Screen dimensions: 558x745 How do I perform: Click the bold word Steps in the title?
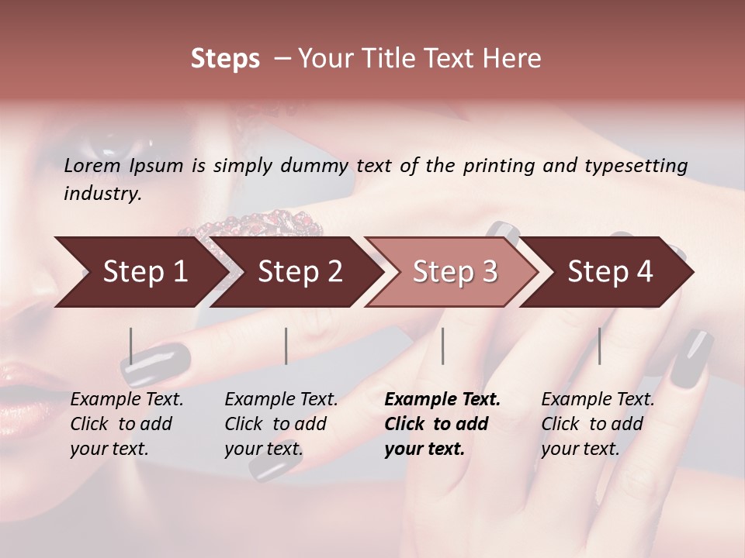[225, 59]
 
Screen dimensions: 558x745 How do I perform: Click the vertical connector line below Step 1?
[131, 346]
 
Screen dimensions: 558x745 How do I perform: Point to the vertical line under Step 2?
[286, 346]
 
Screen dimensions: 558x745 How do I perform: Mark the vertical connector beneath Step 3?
[443, 346]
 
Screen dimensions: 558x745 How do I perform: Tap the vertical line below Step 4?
[599, 346]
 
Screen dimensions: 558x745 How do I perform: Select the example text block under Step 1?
[126, 424]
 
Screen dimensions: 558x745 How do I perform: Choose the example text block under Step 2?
[281, 424]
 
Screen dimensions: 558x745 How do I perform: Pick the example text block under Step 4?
[598, 424]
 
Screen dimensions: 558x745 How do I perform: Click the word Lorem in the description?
[92, 166]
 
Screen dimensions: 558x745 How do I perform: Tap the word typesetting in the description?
[638, 166]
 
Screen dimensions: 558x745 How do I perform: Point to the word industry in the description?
[102, 194]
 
